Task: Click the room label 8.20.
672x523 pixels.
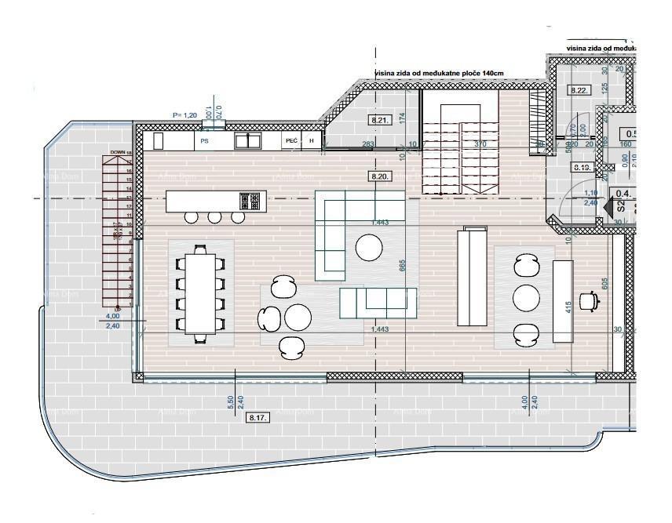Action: (x=380, y=176)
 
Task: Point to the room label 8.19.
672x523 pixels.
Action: (x=582, y=167)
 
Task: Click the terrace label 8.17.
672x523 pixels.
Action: (x=258, y=418)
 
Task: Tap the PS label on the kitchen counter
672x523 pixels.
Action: (x=204, y=141)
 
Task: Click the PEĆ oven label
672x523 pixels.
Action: (x=291, y=141)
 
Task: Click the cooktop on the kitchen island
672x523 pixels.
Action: (x=250, y=201)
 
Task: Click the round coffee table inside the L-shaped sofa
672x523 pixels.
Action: (x=369, y=248)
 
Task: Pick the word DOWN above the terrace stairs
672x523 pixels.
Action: (x=118, y=152)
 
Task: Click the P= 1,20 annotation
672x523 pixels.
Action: (x=184, y=115)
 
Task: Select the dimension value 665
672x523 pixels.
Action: (x=403, y=267)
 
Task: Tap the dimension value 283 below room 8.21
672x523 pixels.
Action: (x=367, y=144)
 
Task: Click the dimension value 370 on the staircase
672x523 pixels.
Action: (x=480, y=144)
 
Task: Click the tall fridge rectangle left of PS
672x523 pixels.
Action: (x=158, y=141)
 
